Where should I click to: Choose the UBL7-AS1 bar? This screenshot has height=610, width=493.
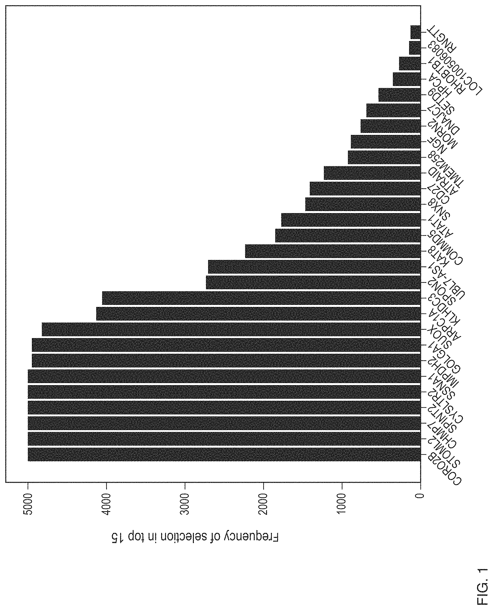coord(314,267)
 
